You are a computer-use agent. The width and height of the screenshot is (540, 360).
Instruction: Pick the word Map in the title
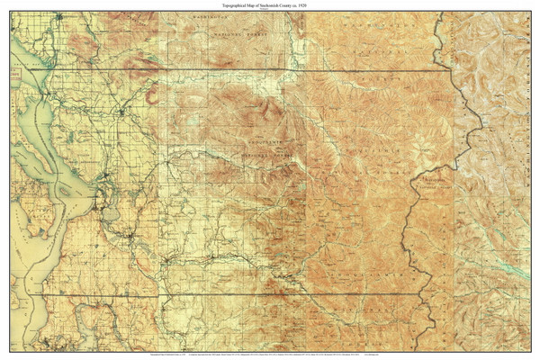(x=252, y=5)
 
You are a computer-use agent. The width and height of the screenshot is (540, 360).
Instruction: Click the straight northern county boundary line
(x=225, y=69)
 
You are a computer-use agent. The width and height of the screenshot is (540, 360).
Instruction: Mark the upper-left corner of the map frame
(x=11, y=12)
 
